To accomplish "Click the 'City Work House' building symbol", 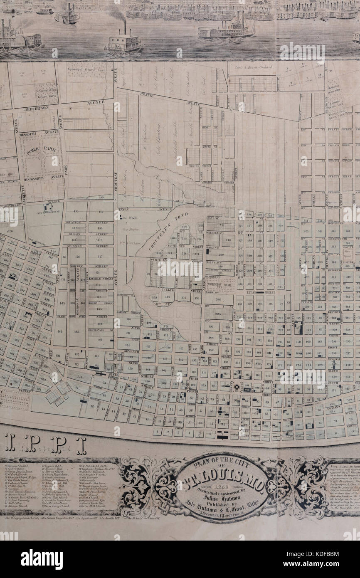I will click(x=49, y=207).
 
